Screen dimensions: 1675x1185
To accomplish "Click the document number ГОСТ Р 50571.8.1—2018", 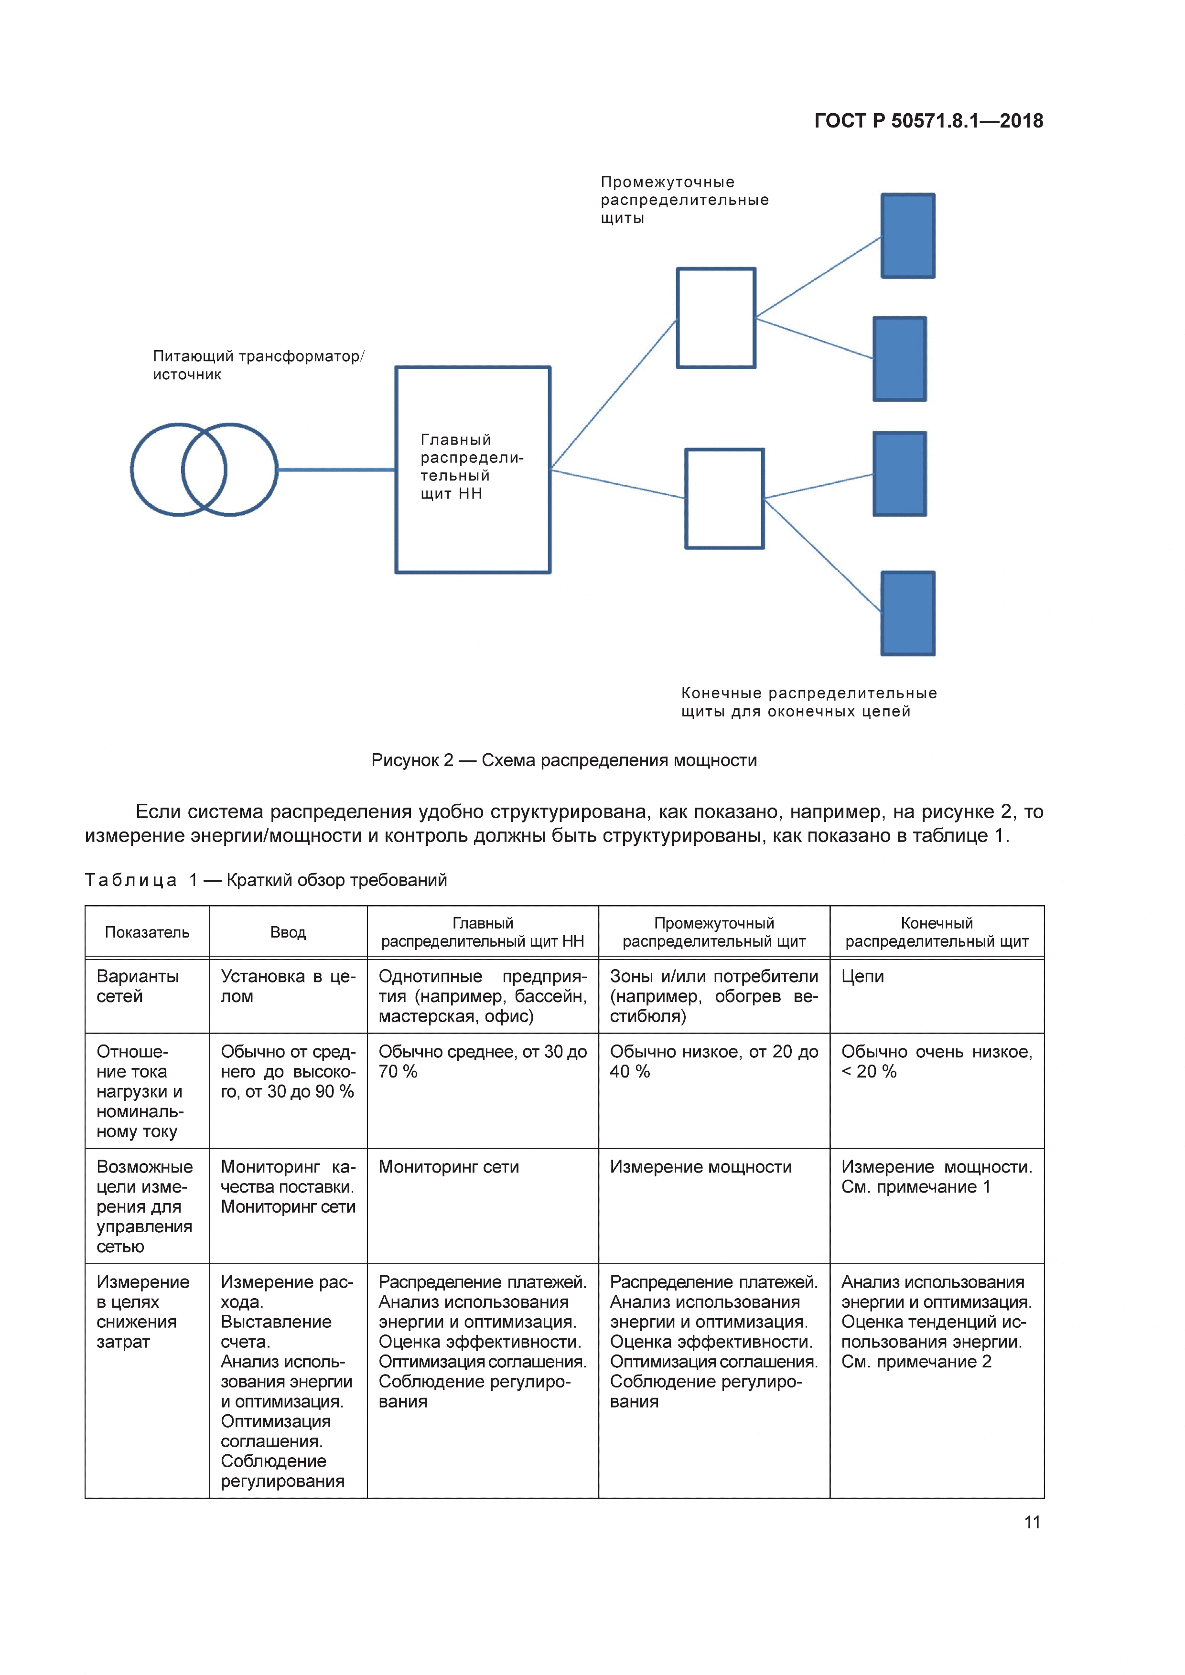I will pyautogui.click(x=928, y=121).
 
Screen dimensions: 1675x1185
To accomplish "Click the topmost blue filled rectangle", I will pyautogui.click(x=908, y=235).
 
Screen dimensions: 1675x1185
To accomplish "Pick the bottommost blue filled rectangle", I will pyautogui.click(x=908, y=614).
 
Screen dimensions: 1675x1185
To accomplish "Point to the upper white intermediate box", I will pyautogui.click(x=716, y=318).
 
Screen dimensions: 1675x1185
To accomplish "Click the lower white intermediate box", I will pyautogui.click(x=724, y=499).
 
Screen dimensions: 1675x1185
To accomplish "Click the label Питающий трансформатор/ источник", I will pyautogui.click(x=259, y=365).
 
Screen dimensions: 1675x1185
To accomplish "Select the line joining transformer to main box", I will pyautogui.click(x=335, y=470).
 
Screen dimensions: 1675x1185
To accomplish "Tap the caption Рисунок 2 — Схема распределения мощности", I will pyautogui.click(x=564, y=760).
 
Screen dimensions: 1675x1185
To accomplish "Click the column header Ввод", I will pyautogui.click(x=288, y=932).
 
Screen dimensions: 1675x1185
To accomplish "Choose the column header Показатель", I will pyautogui.click(x=147, y=932).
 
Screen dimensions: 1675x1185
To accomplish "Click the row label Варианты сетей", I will pyautogui.click(x=138, y=986).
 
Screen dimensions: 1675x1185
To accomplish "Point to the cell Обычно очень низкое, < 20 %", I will pyautogui.click(x=936, y=1061).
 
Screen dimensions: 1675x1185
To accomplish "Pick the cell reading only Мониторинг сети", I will pyautogui.click(x=449, y=1167).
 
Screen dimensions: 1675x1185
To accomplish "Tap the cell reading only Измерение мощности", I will pyautogui.click(x=700, y=1167).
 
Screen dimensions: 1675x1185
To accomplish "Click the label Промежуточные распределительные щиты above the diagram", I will pyautogui.click(x=684, y=200).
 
